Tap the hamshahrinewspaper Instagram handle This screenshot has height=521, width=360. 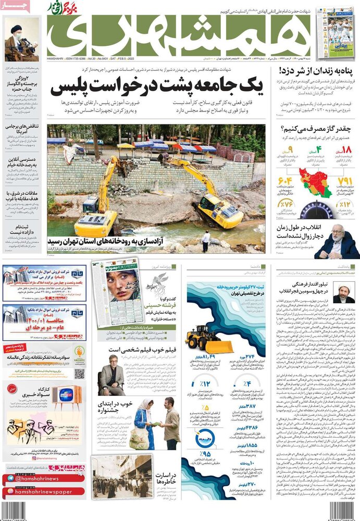pyautogui.click(x=44, y=491)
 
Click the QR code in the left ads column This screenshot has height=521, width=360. pyautogui.click(x=79, y=373)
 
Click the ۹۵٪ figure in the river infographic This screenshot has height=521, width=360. pyautogui.click(x=204, y=440)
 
